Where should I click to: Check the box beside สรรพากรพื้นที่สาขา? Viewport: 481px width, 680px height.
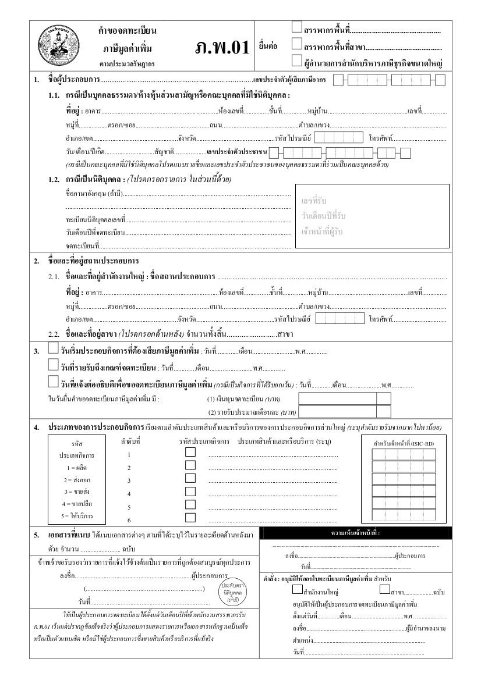[x=297, y=44]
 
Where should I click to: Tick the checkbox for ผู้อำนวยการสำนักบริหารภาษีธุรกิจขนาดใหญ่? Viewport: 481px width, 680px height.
[x=297, y=60]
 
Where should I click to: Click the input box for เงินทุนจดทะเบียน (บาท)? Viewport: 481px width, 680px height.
[x=337, y=398]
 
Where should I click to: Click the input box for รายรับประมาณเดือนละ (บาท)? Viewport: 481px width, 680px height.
[x=337, y=412]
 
